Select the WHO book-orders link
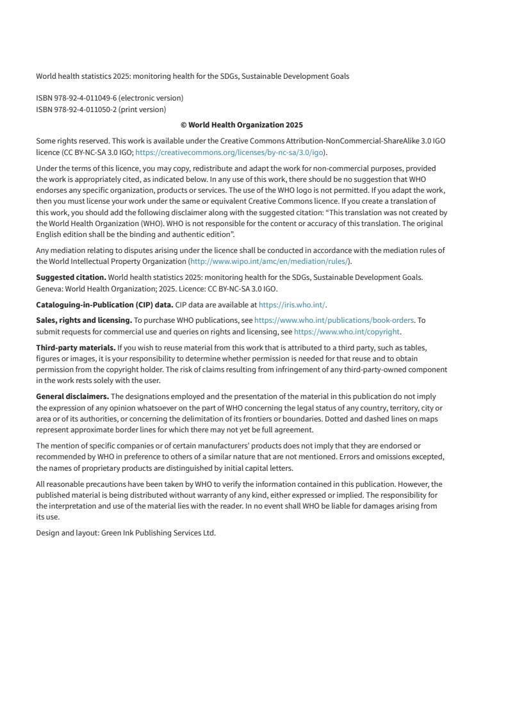point(334,320)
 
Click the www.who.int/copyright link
point(347,332)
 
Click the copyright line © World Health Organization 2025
point(242,125)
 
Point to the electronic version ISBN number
point(76,98)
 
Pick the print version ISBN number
point(76,110)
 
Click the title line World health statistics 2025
point(192,76)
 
